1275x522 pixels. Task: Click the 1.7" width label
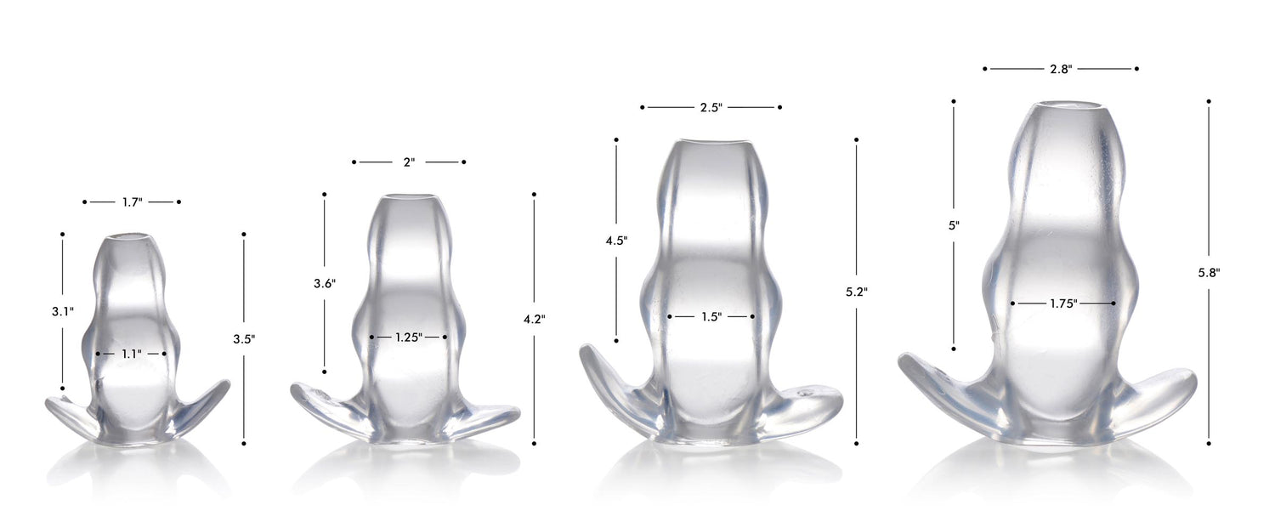(x=132, y=202)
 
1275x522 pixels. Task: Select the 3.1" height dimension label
(x=63, y=311)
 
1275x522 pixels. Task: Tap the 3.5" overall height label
(x=244, y=339)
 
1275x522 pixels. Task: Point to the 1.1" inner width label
(x=132, y=354)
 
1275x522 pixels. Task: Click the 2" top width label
(x=409, y=162)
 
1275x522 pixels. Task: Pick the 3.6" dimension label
(x=325, y=283)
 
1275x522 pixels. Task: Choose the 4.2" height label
(x=535, y=320)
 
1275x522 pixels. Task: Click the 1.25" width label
(x=409, y=337)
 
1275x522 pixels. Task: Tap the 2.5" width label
(x=711, y=108)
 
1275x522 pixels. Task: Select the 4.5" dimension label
(x=616, y=241)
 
